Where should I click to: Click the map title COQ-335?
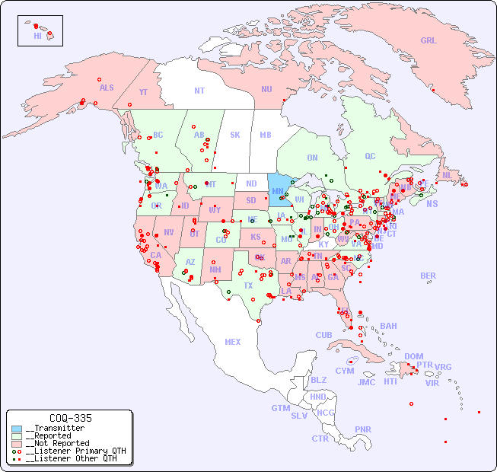coord(70,418)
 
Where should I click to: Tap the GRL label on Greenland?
coord(429,41)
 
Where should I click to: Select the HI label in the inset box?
coord(37,36)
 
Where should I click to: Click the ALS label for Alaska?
coord(107,88)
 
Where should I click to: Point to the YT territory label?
coord(143,91)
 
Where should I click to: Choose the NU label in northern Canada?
coord(266,89)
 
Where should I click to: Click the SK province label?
coord(235,135)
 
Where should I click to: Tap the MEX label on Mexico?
coord(232,342)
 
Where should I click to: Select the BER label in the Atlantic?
coord(428,276)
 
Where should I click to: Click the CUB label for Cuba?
coord(323,335)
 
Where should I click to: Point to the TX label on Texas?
coord(248,285)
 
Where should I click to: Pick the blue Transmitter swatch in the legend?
coord(18,429)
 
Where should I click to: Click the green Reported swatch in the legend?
coord(18,435)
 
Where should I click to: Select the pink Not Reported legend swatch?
coord(18,443)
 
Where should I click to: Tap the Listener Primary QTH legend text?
coord(75,451)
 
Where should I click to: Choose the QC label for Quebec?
coord(370,156)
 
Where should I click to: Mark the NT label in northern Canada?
coord(199,91)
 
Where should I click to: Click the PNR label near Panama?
coord(363,429)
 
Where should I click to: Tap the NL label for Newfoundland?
coord(447,175)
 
